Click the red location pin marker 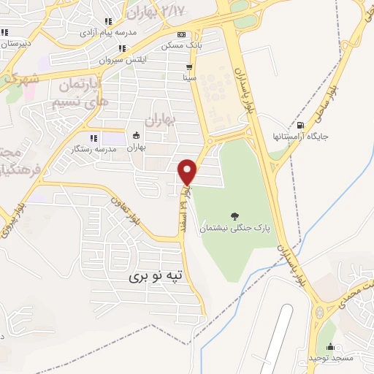click(x=188, y=172)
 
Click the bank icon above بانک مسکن click(x=180, y=34)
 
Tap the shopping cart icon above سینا click(x=190, y=65)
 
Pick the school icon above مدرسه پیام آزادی click(x=108, y=22)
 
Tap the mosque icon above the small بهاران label click(x=136, y=136)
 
